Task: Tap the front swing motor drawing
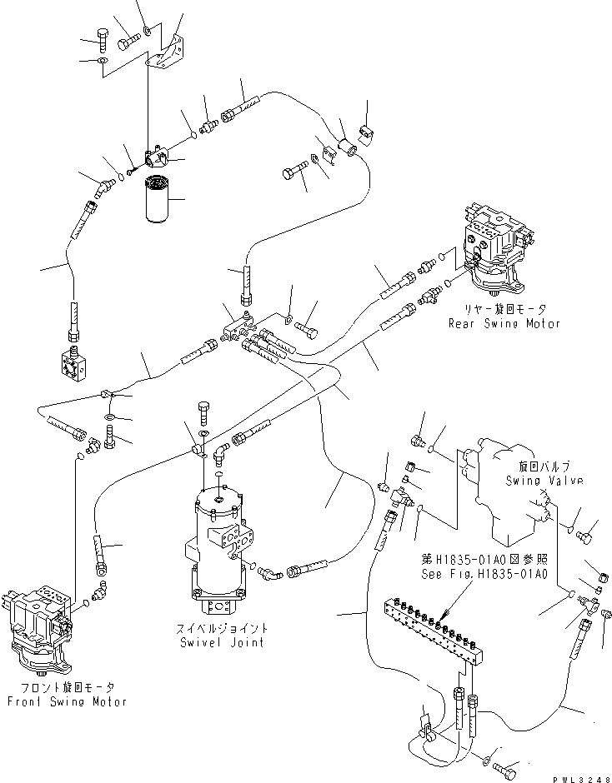coord(42,629)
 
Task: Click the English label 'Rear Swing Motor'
coord(504,323)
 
